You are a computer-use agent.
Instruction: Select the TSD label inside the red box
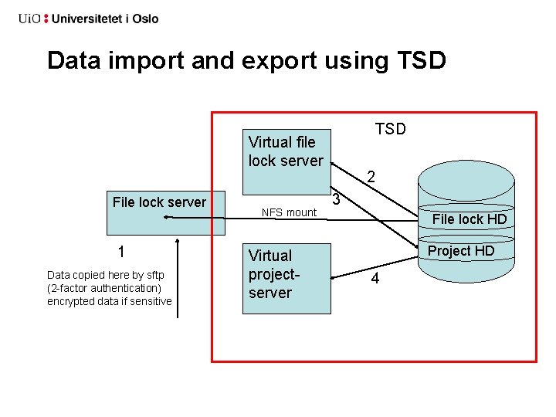click(x=390, y=129)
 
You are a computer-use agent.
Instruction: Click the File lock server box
click(x=166, y=212)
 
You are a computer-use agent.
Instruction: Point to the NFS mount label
click(x=289, y=212)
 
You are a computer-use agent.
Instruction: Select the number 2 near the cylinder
click(x=371, y=177)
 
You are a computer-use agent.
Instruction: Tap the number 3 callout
click(x=336, y=201)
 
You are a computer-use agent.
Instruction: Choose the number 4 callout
click(x=375, y=279)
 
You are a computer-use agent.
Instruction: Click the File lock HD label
click(x=469, y=219)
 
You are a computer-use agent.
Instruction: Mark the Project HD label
click(x=460, y=251)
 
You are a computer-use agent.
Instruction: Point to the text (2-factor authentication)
click(x=103, y=288)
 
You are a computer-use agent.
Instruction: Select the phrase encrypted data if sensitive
click(x=109, y=301)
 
